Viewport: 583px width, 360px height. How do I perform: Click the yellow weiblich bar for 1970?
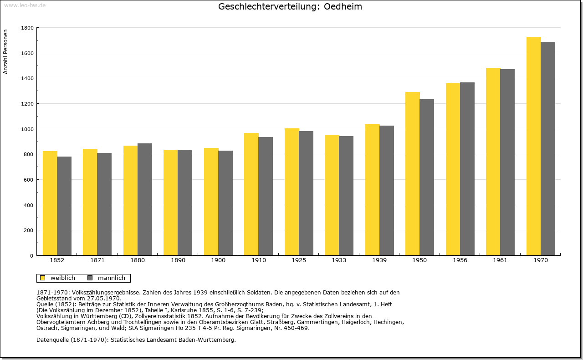click(533, 146)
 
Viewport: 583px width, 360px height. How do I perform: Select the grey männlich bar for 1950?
click(427, 177)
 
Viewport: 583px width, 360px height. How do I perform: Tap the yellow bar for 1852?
click(50, 203)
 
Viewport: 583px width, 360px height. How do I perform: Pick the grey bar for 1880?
click(145, 199)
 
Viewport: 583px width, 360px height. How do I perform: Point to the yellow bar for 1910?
click(251, 194)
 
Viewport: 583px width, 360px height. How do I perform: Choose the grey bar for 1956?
click(467, 169)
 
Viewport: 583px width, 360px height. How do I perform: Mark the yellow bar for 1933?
click(332, 195)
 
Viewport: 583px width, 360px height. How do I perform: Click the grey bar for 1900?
click(225, 203)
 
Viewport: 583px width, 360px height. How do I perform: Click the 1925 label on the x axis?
click(299, 260)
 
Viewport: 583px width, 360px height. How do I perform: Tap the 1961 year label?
click(500, 260)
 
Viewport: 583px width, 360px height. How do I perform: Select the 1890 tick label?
click(178, 260)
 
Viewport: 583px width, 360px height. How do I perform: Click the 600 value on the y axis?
click(29, 180)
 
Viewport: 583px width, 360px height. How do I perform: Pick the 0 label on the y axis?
click(32, 256)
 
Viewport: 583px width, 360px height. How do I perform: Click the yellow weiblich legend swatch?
click(43, 278)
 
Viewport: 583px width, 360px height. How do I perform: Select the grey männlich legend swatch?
click(90, 278)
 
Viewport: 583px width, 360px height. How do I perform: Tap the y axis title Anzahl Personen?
click(5, 52)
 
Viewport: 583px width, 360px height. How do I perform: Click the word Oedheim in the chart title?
click(343, 6)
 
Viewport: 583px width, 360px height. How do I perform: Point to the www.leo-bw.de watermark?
click(25, 5)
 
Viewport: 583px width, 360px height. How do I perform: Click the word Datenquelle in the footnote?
click(53, 340)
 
